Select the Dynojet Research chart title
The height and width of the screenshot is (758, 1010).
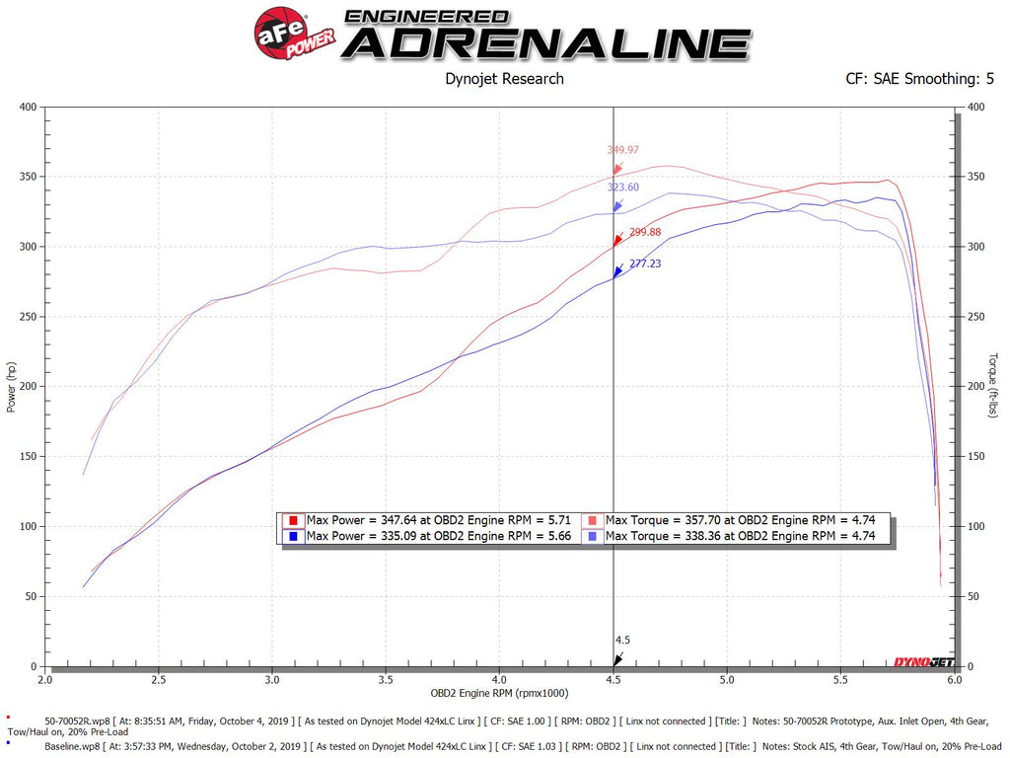coord(505,79)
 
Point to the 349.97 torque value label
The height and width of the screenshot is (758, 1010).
coord(623,150)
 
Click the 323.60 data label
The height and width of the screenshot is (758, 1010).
coord(623,188)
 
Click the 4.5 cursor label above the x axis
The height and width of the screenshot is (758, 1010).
coord(622,640)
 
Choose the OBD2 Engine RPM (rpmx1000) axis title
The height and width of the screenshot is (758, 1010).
coord(499,695)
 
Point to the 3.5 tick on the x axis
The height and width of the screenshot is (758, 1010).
coord(386,680)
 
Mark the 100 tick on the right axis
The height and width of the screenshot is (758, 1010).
coord(975,527)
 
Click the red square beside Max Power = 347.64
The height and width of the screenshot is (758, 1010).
coord(293,520)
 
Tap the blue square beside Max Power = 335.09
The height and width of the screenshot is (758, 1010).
coord(293,536)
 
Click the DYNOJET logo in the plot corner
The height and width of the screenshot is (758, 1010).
coord(922,661)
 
